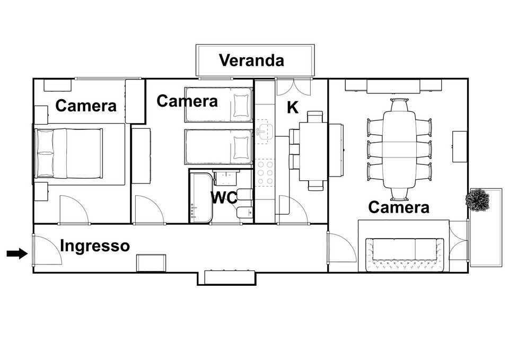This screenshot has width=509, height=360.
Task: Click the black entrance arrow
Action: pyautogui.click(x=17, y=253)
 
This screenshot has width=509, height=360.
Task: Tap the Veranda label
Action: pyautogui.click(x=251, y=60)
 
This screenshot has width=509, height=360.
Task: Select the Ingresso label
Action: pyautogui.click(x=95, y=245)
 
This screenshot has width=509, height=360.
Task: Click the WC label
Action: pyautogui.click(x=224, y=197)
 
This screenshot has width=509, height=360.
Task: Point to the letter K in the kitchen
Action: pyautogui.click(x=293, y=108)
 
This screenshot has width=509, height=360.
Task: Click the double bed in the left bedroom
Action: pyautogui.click(x=68, y=154)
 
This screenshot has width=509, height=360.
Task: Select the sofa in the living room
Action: pyautogui.click(x=405, y=255)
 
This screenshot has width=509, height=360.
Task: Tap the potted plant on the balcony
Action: pyautogui.click(x=477, y=200)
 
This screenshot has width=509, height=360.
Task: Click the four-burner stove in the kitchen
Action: pyautogui.click(x=265, y=172)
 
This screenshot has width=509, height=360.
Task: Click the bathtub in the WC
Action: pyautogui.click(x=201, y=197)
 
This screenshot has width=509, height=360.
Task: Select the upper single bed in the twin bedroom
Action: pyautogui.click(x=218, y=105)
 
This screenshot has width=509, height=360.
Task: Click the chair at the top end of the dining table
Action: pyautogui.click(x=399, y=105)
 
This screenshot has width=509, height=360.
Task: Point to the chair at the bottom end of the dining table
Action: pyautogui.click(x=399, y=194)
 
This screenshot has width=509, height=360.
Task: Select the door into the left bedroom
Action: pyautogui.click(x=74, y=209)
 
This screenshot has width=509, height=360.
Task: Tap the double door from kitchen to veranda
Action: pyautogui.click(x=293, y=86)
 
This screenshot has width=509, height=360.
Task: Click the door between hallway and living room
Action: pyautogui.click(x=341, y=247)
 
